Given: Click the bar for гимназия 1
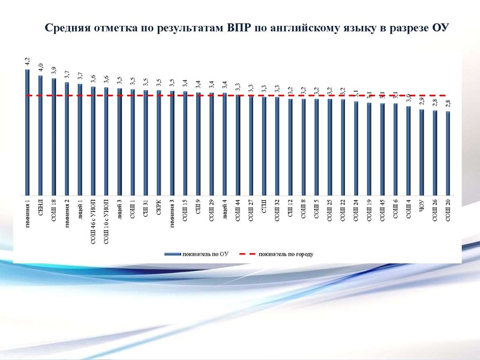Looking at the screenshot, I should click(27, 132).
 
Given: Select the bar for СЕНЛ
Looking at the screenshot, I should click(40, 135).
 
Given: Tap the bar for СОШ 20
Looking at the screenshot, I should click(448, 153).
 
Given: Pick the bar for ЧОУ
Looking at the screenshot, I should click(422, 152).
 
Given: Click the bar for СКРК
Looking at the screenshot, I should click(159, 143).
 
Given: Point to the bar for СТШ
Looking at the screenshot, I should click(264, 145).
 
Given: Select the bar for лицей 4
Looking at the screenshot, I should click(224, 144).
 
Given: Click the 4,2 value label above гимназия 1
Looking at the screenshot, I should click(27, 61).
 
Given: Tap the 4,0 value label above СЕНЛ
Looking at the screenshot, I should click(40, 67).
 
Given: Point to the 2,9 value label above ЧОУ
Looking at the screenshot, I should click(422, 101).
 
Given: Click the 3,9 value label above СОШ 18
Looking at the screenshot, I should click(53, 71).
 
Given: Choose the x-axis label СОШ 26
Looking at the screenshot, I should click(435, 209).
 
